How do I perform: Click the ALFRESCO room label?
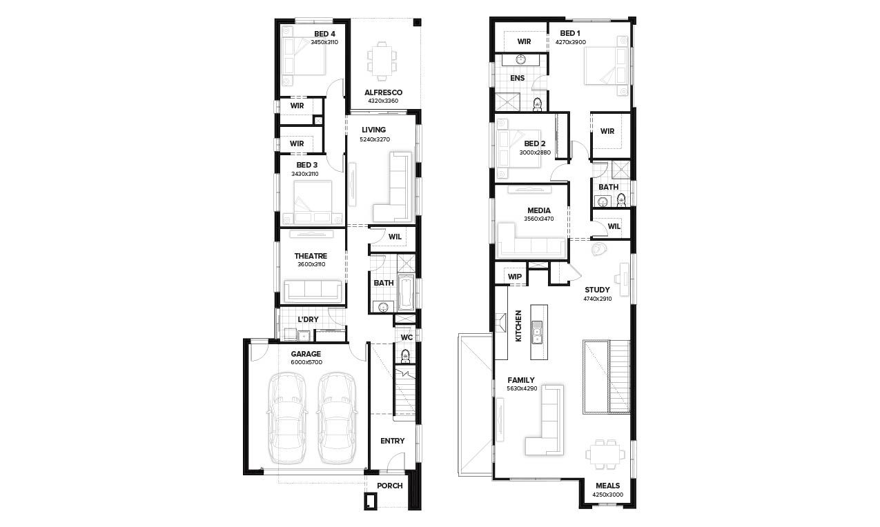[383, 92]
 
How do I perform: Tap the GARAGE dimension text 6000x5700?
[305, 362]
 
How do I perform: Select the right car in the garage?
[337, 417]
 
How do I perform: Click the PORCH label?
[389, 486]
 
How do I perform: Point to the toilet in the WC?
[405, 356]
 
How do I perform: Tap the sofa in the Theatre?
[313, 291]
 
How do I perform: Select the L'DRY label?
[308, 319]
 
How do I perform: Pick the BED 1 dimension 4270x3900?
[570, 41]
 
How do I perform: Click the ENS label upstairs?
[517, 78]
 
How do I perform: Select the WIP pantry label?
[515, 277]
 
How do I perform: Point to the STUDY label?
[597, 290]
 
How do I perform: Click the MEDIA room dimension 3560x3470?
[538, 219]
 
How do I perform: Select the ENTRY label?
[392, 441]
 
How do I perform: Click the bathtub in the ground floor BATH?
[406, 292]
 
